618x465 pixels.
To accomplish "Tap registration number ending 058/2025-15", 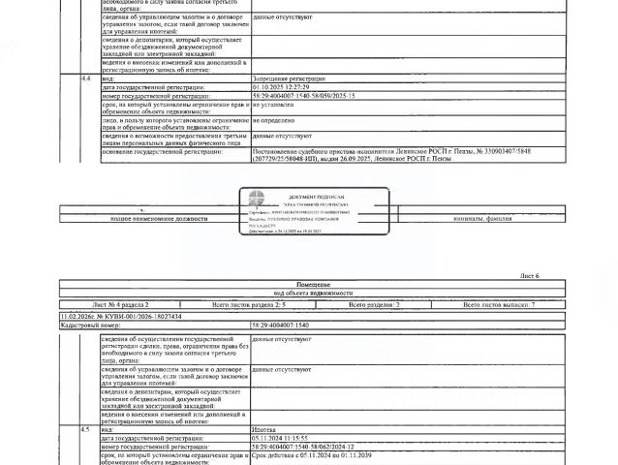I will click(x=303, y=97).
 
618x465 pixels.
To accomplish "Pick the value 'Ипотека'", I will click(x=264, y=428).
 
